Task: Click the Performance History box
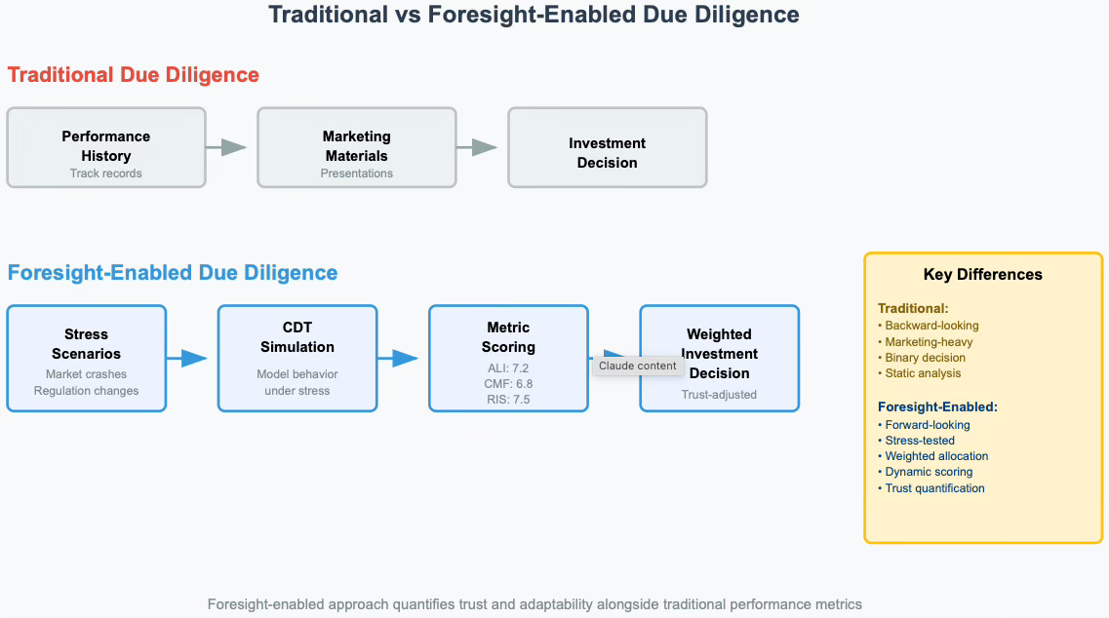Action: pos(106,147)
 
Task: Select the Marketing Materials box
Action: pos(357,147)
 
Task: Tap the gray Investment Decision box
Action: pos(607,147)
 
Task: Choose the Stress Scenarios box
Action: pos(87,358)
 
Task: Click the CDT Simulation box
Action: pos(297,358)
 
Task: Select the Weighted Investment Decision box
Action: pos(719,358)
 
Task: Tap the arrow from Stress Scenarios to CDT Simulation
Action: pos(189,358)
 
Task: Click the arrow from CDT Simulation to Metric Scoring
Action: pos(400,358)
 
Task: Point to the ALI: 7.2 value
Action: pos(507,367)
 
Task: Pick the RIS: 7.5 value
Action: pos(507,399)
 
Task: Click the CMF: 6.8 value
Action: pos(507,383)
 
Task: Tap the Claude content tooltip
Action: pos(637,366)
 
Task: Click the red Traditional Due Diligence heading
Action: pos(134,75)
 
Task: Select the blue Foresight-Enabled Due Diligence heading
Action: pos(173,272)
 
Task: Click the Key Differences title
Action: pos(983,275)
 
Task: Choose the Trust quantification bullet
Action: pos(934,487)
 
